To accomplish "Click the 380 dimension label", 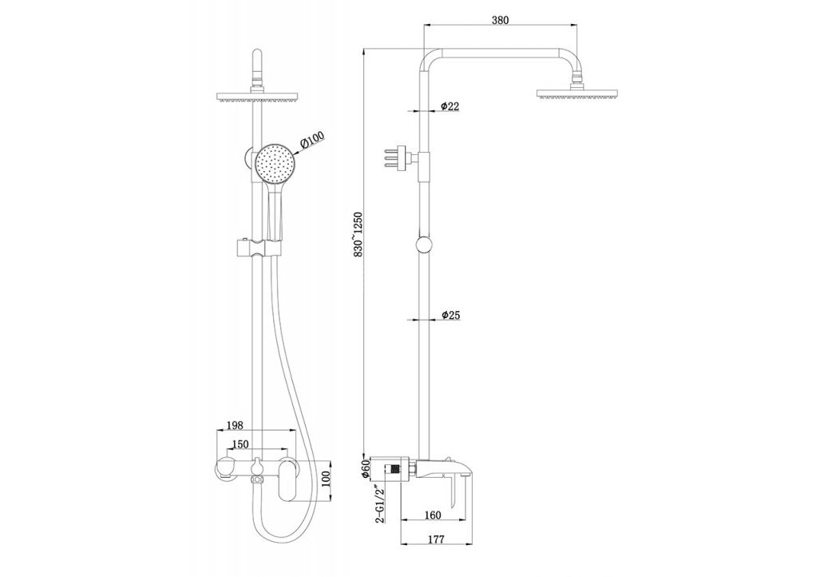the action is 500,20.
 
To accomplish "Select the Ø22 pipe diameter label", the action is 450,106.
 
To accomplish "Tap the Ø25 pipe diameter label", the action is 451,315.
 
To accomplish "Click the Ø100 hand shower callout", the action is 312,140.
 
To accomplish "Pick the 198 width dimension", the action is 234,424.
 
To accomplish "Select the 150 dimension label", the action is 240,445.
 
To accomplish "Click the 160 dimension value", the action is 431,515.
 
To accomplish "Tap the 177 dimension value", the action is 436,539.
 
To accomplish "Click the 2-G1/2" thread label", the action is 380,505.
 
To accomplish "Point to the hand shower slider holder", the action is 257,249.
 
